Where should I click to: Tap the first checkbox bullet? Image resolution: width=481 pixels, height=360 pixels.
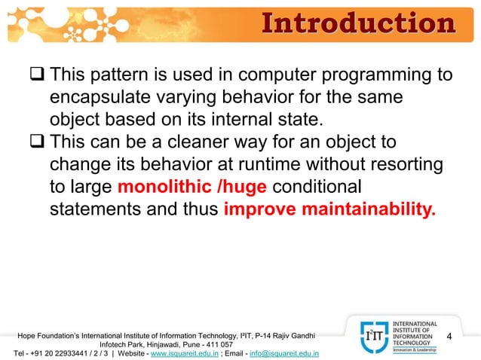coord(37,76)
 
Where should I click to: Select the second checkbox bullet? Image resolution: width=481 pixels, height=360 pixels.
coord(37,142)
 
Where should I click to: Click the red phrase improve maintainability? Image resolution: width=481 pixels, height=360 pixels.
coord(329,208)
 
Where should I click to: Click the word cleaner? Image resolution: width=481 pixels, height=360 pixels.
coord(198,142)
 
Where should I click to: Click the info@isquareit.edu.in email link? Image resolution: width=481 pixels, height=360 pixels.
coord(283,352)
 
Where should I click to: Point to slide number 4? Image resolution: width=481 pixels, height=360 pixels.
coord(449,336)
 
